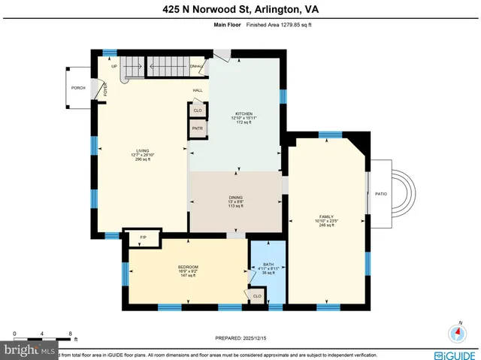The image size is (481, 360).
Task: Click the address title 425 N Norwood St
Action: point(240,9)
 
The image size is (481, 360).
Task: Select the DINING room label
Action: point(235,198)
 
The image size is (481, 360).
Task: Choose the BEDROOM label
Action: point(188,268)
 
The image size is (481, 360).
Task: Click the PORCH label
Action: point(78,88)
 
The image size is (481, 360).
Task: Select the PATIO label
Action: point(381,194)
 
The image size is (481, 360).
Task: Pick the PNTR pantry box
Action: point(198,129)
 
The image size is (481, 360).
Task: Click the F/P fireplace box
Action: point(143,237)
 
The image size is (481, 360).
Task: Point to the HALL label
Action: point(198,90)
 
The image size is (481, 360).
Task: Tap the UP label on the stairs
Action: point(114,66)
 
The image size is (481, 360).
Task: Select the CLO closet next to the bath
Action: point(257,296)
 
